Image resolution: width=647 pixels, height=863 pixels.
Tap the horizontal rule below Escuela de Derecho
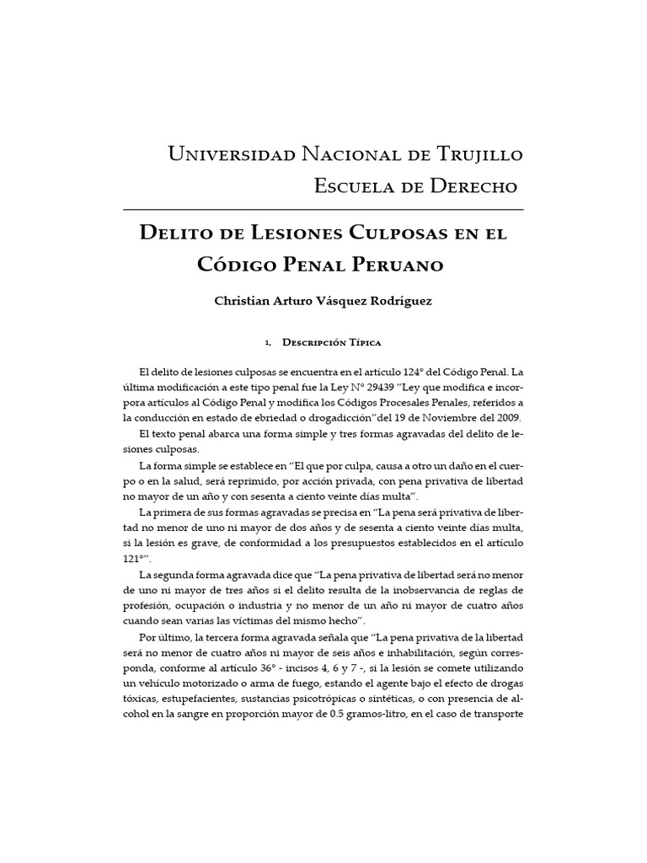323,207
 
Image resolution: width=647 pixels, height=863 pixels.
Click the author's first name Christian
248,301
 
